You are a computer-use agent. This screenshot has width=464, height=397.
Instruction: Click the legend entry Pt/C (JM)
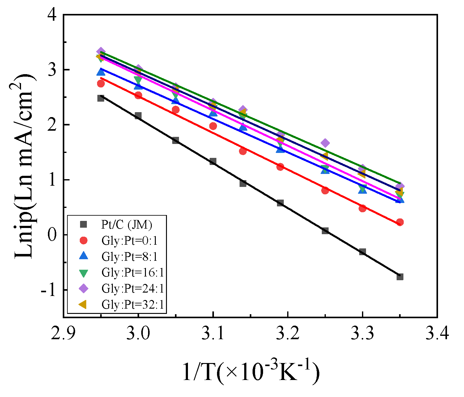[127, 225]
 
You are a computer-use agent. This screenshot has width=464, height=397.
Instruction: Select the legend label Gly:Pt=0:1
[129, 241]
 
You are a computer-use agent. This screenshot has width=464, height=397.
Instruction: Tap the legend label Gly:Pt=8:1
[129, 256]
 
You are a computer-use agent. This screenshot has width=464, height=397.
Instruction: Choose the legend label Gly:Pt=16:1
[132, 272]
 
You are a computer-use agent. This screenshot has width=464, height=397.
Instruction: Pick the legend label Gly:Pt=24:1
[132, 289]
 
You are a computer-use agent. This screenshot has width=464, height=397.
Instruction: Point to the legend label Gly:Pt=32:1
[132, 305]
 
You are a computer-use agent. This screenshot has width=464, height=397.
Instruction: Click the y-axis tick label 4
[53, 15]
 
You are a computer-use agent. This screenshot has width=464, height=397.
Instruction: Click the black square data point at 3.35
[400, 277]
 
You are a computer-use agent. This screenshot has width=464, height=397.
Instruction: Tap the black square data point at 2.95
[101, 98]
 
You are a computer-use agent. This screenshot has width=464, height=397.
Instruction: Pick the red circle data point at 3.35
[400, 222]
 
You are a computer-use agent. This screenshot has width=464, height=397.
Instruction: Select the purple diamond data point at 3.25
[325, 143]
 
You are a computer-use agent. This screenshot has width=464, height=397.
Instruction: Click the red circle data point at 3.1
[213, 126]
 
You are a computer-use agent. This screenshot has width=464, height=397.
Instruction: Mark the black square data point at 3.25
[325, 231]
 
